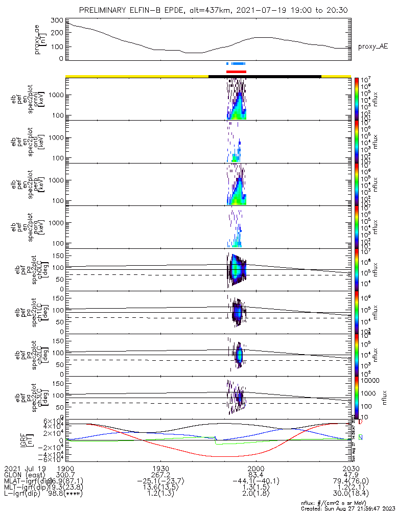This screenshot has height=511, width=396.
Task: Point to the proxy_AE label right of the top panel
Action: [372, 47]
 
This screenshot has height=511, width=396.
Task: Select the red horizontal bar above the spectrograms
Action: [236, 72]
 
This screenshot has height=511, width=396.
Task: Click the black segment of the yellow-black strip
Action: [265, 76]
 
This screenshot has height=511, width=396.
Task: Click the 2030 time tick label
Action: [351, 469]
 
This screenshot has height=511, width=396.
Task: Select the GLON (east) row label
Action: [23, 475]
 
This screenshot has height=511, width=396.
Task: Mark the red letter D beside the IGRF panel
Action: [361, 423]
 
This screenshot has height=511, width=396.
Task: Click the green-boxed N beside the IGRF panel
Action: [361, 437]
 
